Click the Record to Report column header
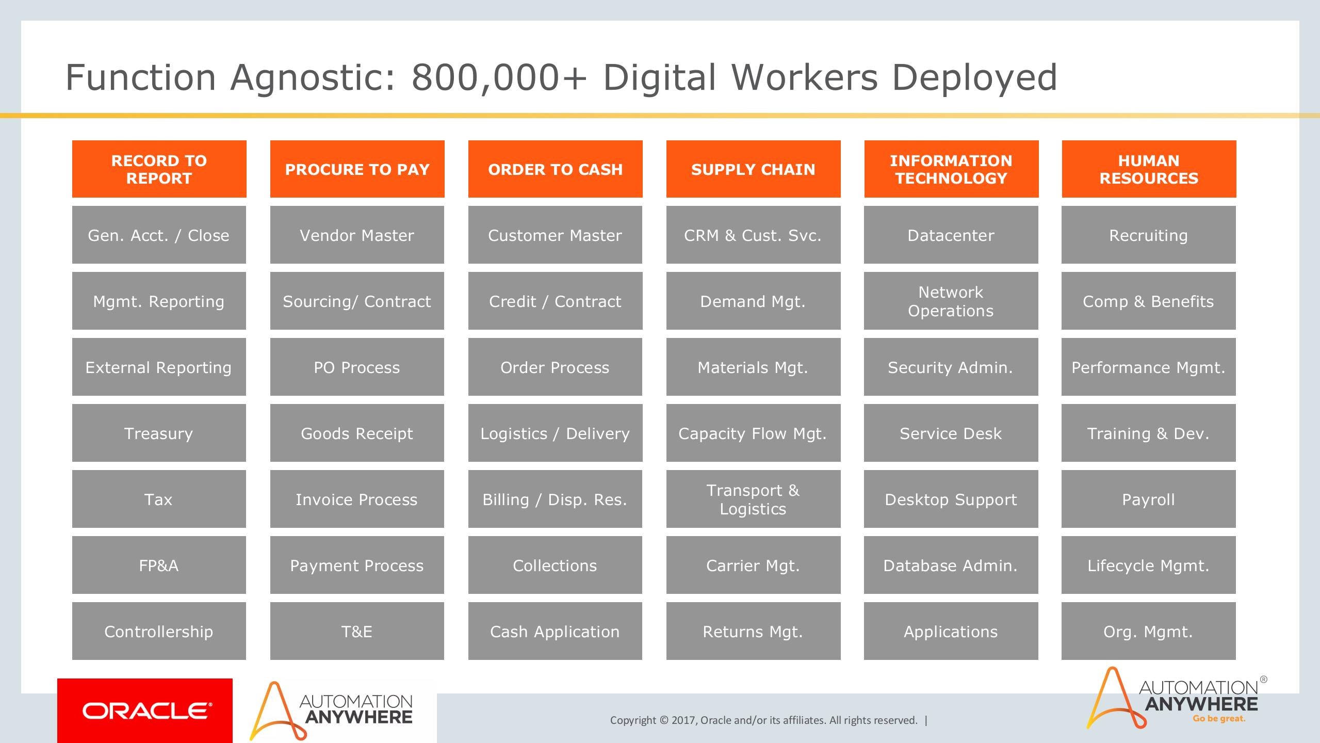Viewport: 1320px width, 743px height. pos(159,169)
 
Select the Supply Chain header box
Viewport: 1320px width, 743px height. pos(753,169)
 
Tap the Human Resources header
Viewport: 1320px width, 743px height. pos(1149,169)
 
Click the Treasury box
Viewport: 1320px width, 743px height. pos(159,433)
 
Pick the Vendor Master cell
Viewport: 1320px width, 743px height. pos(357,235)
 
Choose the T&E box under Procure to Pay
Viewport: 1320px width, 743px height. pos(357,631)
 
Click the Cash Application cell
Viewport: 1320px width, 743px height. pos(555,631)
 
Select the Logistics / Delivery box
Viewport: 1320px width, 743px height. pos(555,433)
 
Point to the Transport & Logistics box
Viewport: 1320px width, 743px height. pos(753,499)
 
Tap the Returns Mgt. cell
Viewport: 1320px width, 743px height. pos(753,631)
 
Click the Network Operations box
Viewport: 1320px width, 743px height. pos(951,301)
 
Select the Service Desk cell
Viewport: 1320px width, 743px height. pos(951,433)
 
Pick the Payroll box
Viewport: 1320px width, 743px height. pos(1148,499)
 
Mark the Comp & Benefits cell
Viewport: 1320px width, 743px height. pos(1148,301)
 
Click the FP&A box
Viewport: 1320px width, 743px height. pos(159,565)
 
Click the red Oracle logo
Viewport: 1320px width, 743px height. pos(145,710)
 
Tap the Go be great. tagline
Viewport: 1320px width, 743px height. pos(1219,719)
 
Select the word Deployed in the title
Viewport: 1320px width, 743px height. pos(974,77)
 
